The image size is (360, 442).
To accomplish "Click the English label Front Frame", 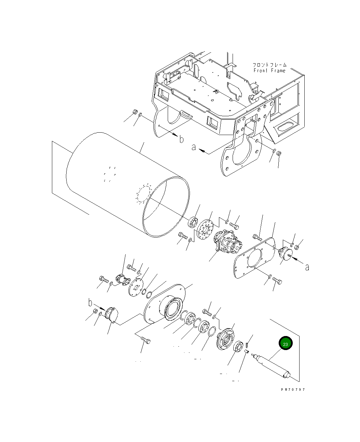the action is (x=269, y=70).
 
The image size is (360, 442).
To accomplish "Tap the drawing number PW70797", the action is (x=293, y=389).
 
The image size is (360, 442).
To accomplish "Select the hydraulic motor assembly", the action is (x=228, y=241).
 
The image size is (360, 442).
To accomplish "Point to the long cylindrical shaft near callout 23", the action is (x=271, y=366).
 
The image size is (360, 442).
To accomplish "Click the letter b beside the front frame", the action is (x=181, y=139).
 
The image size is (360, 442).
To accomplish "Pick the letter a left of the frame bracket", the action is (x=193, y=147).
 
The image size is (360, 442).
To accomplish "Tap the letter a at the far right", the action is (x=307, y=267).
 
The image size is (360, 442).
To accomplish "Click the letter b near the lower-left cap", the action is (x=90, y=303).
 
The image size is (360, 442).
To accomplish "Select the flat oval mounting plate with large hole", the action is (x=254, y=258).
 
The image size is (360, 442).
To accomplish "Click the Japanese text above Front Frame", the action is (x=269, y=65).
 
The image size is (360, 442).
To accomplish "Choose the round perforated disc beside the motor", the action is (x=205, y=229).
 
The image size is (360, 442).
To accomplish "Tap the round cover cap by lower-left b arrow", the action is (x=112, y=315).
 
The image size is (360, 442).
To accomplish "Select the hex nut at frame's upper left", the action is (x=134, y=112).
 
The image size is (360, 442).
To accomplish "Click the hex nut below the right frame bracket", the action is (x=279, y=153).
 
